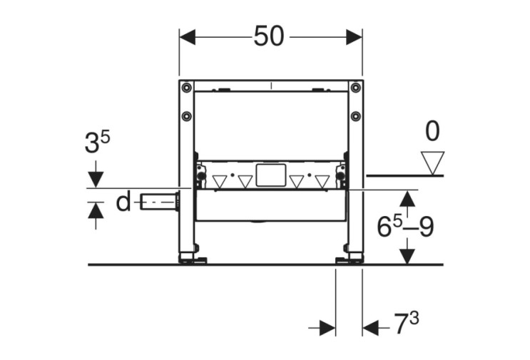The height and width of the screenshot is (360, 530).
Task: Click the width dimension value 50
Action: tap(269, 36)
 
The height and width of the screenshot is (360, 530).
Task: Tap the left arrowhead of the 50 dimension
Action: tap(187, 37)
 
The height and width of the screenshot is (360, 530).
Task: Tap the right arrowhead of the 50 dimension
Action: tap(355, 37)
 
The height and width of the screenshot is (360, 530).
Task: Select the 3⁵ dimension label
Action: tap(97, 142)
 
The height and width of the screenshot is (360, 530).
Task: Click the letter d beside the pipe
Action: tap(123, 202)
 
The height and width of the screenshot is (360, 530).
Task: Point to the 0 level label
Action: tap(432, 131)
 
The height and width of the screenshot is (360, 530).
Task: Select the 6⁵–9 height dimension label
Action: tap(405, 226)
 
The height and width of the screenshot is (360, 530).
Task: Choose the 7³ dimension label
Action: tap(407, 324)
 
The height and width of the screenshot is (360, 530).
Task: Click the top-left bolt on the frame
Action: tap(186, 88)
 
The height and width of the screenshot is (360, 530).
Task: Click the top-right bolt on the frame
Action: tap(355, 88)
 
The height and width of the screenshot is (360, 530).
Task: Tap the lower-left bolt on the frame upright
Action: tap(186, 116)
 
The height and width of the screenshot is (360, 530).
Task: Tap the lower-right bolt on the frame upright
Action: tap(355, 116)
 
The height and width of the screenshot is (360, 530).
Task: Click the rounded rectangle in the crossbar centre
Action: tap(271, 175)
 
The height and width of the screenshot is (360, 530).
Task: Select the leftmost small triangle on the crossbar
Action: tap(220, 182)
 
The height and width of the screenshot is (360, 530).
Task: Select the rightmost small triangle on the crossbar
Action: tap(322, 182)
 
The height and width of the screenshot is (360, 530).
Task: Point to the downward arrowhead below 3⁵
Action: tap(96, 180)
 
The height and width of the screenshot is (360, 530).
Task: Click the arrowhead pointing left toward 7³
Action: tap(370, 328)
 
